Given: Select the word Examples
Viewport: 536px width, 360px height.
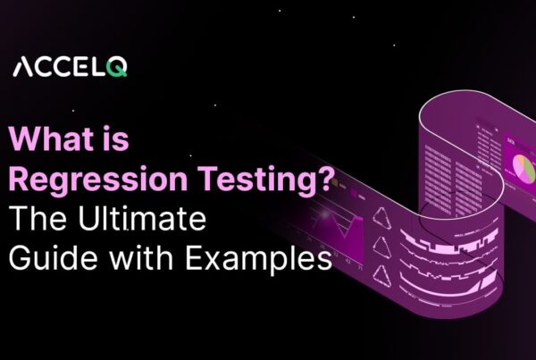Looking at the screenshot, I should click(x=264, y=260).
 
